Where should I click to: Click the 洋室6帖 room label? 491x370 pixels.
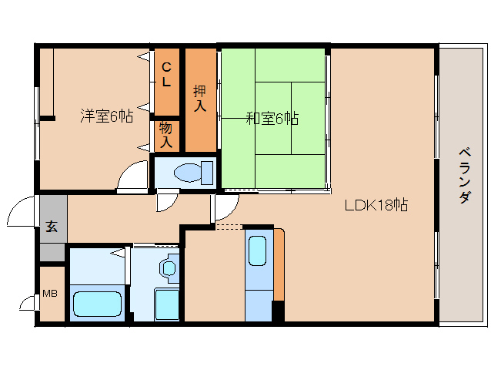coord(107,116)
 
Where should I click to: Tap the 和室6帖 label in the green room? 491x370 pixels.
coord(272,119)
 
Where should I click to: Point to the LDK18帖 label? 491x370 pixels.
coord(376,205)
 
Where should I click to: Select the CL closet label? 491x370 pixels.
coord(166,75)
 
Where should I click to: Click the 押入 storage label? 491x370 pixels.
coord(200,98)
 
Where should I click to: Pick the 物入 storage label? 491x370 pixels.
coord(166,135)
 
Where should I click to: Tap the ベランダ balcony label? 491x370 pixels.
coord(465,177)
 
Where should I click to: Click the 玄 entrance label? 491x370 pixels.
coord(52,226)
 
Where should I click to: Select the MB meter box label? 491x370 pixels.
coord(50,294)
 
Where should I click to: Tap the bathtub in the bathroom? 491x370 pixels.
coord(97,304)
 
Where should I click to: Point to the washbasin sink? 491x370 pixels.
coord(169,267)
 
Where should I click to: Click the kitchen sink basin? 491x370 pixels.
coord(257,251)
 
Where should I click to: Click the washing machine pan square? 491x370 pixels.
coord(166,304)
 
